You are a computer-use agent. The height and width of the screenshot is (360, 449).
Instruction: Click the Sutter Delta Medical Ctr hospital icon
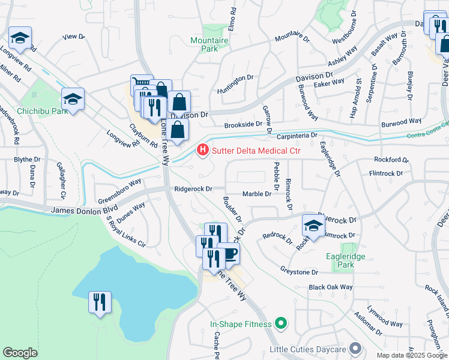click(203, 149)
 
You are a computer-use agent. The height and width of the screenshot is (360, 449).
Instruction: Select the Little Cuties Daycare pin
click(355, 349)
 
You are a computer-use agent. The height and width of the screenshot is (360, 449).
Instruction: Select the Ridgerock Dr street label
click(193, 188)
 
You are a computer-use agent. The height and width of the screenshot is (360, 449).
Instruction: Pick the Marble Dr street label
click(257, 194)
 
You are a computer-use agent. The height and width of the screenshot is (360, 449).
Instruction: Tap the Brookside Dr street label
click(243, 125)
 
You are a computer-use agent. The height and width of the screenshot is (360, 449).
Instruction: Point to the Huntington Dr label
click(235, 79)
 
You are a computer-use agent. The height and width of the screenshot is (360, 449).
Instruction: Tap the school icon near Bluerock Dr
click(313, 226)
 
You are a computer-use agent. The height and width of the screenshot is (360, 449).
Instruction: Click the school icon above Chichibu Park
click(73, 98)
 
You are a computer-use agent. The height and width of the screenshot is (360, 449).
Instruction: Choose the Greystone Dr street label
click(299, 272)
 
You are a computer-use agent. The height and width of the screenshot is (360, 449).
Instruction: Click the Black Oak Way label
click(330, 287)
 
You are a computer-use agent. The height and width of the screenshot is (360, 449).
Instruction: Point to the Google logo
click(20, 353)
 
